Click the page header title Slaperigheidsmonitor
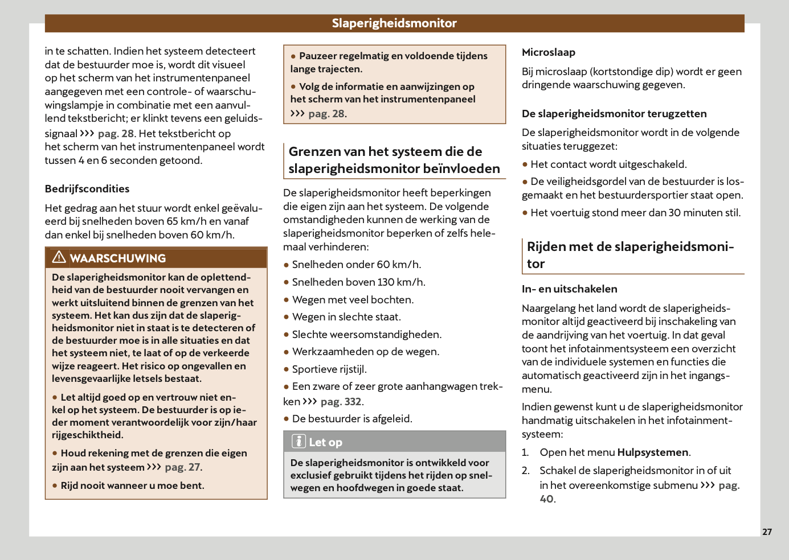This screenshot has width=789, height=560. (394, 23)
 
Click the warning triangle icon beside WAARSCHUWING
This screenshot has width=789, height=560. (59, 258)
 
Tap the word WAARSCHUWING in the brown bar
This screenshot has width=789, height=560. (118, 258)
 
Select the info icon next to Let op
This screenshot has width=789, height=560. (299, 442)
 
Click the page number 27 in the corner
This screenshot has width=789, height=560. (767, 532)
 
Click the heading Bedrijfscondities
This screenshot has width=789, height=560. (87, 189)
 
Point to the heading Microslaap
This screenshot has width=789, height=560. (548, 52)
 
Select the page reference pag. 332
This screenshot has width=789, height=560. (341, 402)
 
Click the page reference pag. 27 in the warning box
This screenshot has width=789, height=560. (183, 467)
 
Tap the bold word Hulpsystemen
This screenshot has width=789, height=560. (653, 452)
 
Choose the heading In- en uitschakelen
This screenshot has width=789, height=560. (569, 289)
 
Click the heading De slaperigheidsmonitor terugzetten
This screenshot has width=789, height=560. (614, 114)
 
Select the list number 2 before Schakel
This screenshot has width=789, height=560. (526, 471)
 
